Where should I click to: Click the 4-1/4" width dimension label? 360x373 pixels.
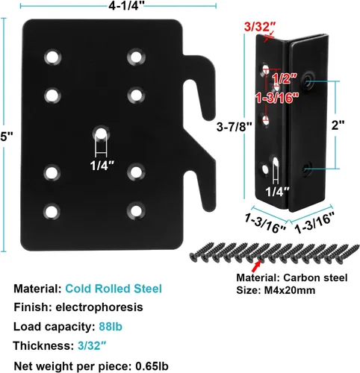point(126,6)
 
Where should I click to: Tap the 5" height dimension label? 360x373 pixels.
point(7,137)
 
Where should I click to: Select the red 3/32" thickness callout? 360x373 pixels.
point(260,27)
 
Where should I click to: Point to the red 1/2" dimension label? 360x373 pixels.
point(285,78)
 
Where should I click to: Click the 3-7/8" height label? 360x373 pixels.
point(234,127)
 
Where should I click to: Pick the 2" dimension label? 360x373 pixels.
point(338,125)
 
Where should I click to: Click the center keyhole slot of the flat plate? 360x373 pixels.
point(101,134)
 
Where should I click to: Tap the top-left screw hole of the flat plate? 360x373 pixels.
point(53,57)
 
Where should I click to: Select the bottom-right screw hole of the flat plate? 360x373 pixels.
point(136,211)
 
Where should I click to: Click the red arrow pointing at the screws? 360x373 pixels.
point(256,266)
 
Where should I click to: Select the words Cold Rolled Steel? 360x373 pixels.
point(114,289)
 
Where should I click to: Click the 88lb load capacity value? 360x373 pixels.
point(111,327)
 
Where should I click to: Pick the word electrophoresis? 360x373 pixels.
point(99,307)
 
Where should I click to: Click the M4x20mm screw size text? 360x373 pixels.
point(289,290)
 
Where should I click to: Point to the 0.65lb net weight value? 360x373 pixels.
point(152,366)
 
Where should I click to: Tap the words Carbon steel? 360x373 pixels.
point(315,278)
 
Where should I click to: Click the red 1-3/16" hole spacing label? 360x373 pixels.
point(277,98)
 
